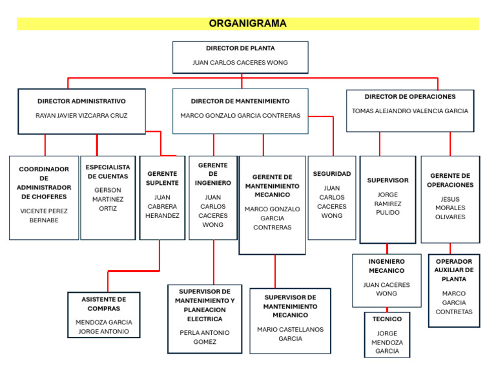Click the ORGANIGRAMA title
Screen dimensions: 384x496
247,24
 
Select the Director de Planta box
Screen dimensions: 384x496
240,57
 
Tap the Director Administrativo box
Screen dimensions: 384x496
81,111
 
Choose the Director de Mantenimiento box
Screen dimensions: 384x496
240,111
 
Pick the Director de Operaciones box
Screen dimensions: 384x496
410,111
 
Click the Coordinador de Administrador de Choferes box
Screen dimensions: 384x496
44,197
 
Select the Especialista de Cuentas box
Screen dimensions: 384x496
108,197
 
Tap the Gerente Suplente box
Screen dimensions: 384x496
162,197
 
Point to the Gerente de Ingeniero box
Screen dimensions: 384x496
213,197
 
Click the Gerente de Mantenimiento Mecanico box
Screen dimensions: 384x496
272,204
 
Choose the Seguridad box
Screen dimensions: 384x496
332,197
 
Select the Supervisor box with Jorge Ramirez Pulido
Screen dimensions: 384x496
387,199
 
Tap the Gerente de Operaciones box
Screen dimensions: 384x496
450,199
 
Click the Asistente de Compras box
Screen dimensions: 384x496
104,315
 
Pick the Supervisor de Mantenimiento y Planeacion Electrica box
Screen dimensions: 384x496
205,319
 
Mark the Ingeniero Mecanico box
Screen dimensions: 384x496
386,280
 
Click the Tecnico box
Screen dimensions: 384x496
387,335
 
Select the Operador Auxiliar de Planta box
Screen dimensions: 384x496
454,290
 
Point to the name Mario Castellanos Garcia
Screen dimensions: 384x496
290,334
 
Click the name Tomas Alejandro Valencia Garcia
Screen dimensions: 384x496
410,111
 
